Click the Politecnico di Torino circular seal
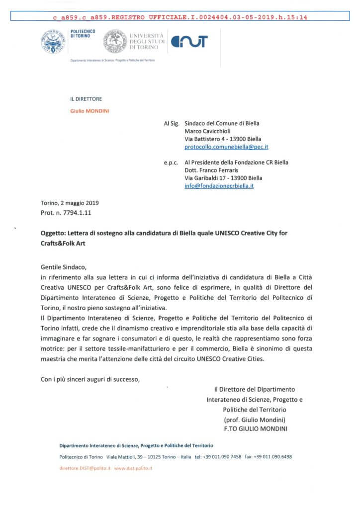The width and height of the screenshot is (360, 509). (53, 42)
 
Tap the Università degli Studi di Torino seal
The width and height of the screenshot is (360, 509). (115, 42)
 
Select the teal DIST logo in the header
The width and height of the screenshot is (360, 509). (189, 42)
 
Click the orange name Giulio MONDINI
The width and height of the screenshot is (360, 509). (90, 110)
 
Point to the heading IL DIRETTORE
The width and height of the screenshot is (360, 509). (86, 99)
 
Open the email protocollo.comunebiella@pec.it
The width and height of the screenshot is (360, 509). (226, 147)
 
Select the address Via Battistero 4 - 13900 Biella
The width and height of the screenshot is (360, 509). (222, 139)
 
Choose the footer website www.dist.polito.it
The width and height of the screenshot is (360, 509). (133, 468)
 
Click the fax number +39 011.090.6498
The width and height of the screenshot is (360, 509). (272, 456)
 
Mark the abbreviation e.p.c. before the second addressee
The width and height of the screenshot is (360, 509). (171, 163)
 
